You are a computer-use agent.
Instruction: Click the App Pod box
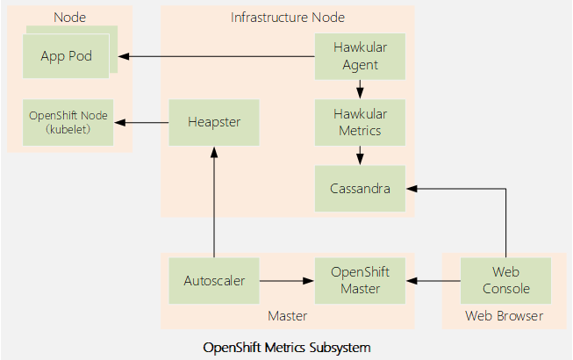tap(66, 56)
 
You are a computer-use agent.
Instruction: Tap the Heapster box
tap(213, 122)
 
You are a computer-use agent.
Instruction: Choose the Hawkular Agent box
tap(360, 56)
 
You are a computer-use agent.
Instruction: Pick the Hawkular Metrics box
tap(360, 122)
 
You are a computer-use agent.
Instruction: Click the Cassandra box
tap(360, 188)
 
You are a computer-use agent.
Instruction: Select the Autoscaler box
tap(213, 281)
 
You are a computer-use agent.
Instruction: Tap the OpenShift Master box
tap(360, 281)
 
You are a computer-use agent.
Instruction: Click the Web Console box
tap(506, 281)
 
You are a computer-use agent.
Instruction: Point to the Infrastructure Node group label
tap(287, 18)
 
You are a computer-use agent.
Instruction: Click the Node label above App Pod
tap(69, 18)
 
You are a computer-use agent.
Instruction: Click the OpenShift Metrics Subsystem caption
tap(287, 348)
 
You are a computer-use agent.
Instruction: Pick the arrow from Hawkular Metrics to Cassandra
tap(360, 155)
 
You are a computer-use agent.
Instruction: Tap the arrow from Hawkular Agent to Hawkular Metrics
tap(360, 89)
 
